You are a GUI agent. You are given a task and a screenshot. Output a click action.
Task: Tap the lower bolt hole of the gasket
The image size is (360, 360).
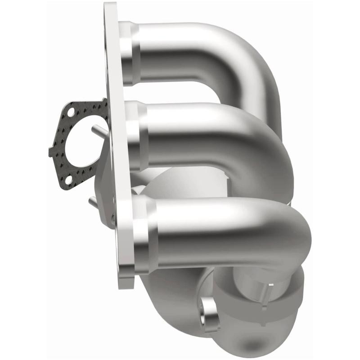tap(68, 180)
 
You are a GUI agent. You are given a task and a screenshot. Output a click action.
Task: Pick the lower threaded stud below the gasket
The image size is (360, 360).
tap(94, 202)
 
